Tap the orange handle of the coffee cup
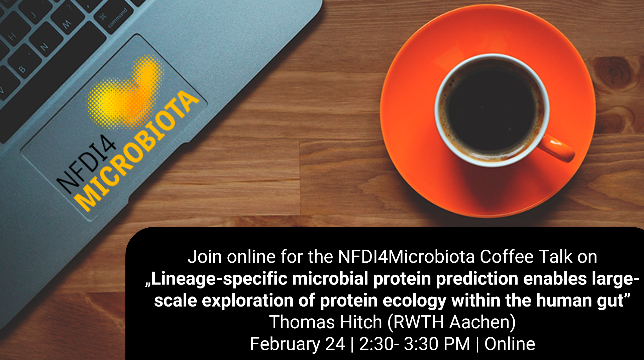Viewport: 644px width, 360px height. pyautogui.click(x=557, y=149)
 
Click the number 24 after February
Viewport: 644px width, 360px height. pyautogui.click(x=335, y=344)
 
